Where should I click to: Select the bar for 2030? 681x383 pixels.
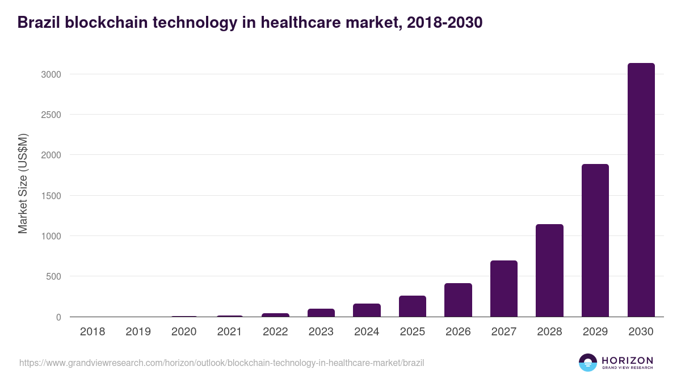pyautogui.click(x=641, y=190)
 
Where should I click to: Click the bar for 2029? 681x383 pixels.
pyautogui.click(x=595, y=241)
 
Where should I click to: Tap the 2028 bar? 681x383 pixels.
pyautogui.click(x=549, y=271)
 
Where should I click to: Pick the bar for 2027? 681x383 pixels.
pyautogui.click(x=504, y=289)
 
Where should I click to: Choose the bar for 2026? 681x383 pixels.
pyautogui.click(x=458, y=300)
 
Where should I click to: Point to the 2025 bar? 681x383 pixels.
pyautogui.click(x=412, y=306)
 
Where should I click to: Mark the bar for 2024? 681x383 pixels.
pyautogui.click(x=367, y=310)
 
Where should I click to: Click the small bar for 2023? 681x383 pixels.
pyautogui.click(x=321, y=313)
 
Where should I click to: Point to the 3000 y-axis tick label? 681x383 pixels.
pyautogui.click(x=50, y=74)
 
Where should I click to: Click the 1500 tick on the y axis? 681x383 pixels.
pyautogui.click(x=50, y=196)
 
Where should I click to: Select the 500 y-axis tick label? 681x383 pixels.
pyautogui.click(x=52, y=277)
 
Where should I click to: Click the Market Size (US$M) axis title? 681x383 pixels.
pyautogui.click(x=23, y=184)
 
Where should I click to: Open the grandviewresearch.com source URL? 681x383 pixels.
pyautogui.click(x=222, y=363)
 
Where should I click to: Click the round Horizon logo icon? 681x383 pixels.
pyautogui.click(x=587, y=363)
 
